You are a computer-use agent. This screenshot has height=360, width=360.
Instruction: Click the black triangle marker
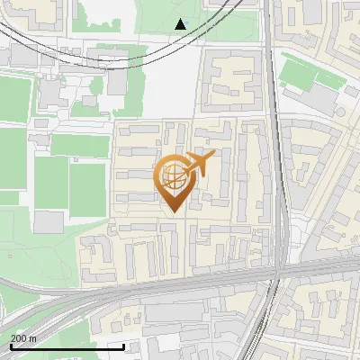(181, 24)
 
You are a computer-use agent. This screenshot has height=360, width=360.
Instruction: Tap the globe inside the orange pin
(172, 175)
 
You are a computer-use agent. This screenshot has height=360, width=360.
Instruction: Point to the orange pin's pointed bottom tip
(172, 211)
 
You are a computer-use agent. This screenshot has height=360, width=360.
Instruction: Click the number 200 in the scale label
(19, 337)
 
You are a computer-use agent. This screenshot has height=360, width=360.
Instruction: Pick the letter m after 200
(32, 337)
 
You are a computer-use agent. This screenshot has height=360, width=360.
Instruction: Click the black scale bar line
(67, 346)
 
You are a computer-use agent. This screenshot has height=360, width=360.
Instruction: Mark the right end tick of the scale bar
(124, 345)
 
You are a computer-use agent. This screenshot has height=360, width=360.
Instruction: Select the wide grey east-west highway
(180, 286)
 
